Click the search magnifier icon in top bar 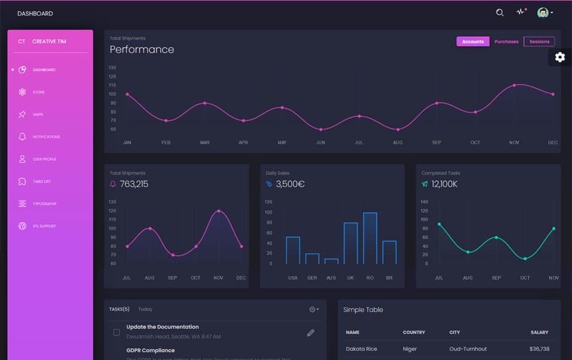pyautogui.click(x=499, y=13)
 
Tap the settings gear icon pyautogui.click(x=559, y=57)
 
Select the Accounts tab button pyautogui.click(x=472, y=41)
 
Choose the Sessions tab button pyautogui.click(x=539, y=41)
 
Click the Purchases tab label pyautogui.click(x=506, y=41)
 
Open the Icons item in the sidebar pyautogui.click(x=38, y=92)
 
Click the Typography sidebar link pyautogui.click(x=44, y=204)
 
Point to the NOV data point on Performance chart pyautogui.click(x=514, y=85)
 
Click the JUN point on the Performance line pyautogui.click(x=321, y=130)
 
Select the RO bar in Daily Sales pyautogui.click(x=370, y=238)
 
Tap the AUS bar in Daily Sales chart pyautogui.click(x=331, y=261)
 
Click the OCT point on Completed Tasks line pyautogui.click(x=525, y=259)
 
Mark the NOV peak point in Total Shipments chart pyautogui.click(x=218, y=211)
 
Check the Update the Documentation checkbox pyautogui.click(x=116, y=332)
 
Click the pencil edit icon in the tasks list pyautogui.click(x=311, y=332)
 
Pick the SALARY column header pyautogui.click(x=539, y=332)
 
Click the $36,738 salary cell pyautogui.click(x=539, y=349)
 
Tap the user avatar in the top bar pyautogui.click(x=543, y=13)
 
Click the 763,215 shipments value pyautogui.click(x=134, y=184)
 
